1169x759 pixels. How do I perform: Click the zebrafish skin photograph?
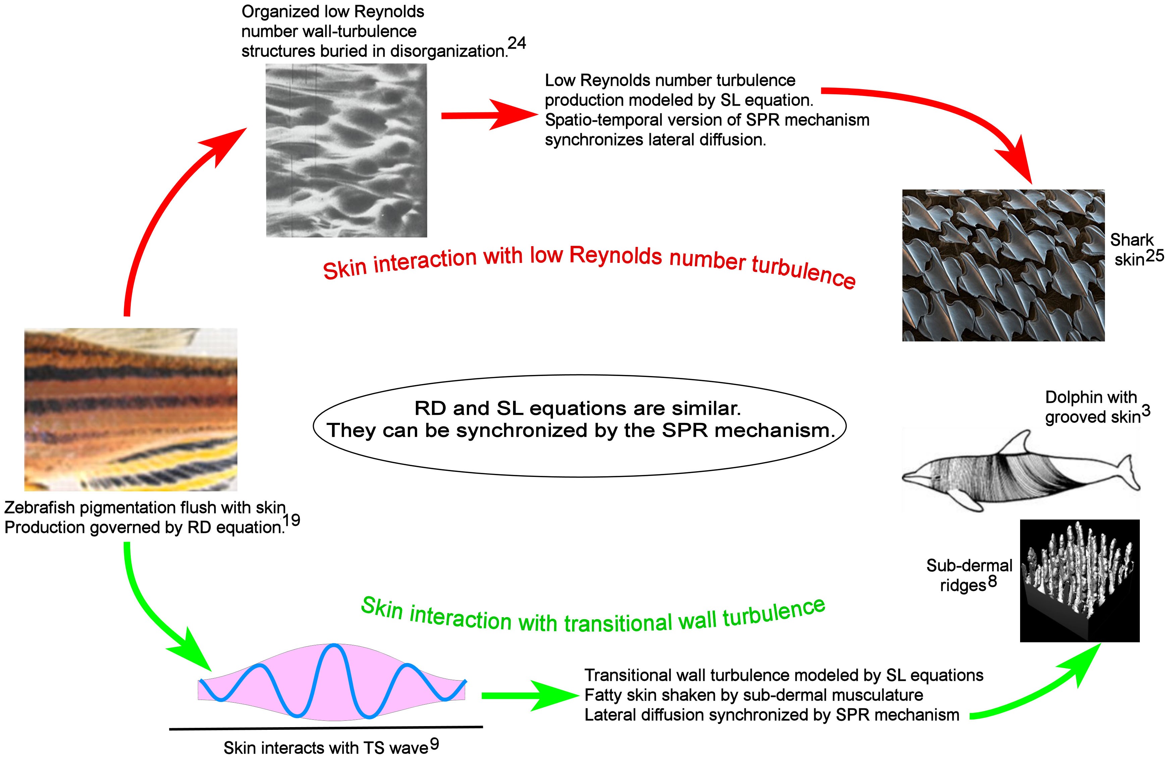(131, 409)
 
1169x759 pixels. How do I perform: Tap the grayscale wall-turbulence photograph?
(346, 150)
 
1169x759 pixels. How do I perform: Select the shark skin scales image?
(1003, 265)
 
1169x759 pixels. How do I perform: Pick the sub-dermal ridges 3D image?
(1079, 580)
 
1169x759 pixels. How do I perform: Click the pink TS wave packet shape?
(332, 683)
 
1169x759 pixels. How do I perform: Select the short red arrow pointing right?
(489, 115)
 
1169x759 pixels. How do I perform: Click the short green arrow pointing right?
(531, 696)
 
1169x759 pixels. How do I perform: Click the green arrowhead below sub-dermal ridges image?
(1080, 663)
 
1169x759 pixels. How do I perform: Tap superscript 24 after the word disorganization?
(517, 43)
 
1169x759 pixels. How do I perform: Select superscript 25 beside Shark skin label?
(1154, 256)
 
